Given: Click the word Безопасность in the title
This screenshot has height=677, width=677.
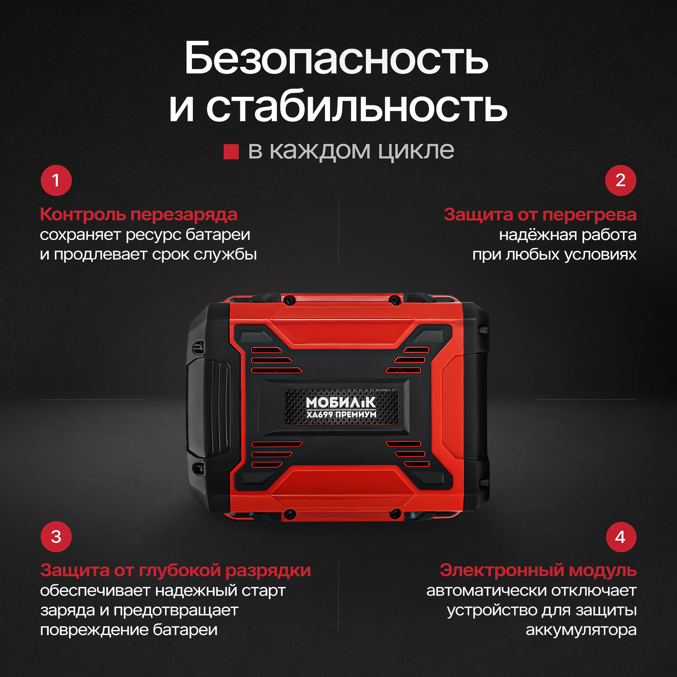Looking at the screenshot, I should click(336, 58).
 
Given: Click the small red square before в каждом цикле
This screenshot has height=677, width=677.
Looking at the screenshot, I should click(231, 151).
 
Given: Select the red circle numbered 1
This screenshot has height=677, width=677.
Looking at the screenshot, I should click(56, 180).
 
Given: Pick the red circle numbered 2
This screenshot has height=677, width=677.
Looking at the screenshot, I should click(620, 180).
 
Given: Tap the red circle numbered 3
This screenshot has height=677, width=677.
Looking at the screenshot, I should click(56, 537).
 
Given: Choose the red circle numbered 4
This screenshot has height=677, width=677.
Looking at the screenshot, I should click(620, 537).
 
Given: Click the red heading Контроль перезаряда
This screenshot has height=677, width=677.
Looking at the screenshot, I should click(139, 214).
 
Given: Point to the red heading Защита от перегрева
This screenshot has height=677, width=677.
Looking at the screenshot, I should click(540, 214).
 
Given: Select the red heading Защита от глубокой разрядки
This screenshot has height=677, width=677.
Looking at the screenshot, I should click(176, 570).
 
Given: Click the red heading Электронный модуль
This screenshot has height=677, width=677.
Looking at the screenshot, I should click(538, 570).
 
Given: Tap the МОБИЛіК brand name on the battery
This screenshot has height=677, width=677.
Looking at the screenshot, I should click(341, 402).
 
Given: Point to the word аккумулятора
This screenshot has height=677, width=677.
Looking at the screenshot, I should click(581, 630).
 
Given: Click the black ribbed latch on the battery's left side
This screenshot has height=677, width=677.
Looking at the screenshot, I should click(208, 408).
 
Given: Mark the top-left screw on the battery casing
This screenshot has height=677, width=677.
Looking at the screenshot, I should click(289, 300).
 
